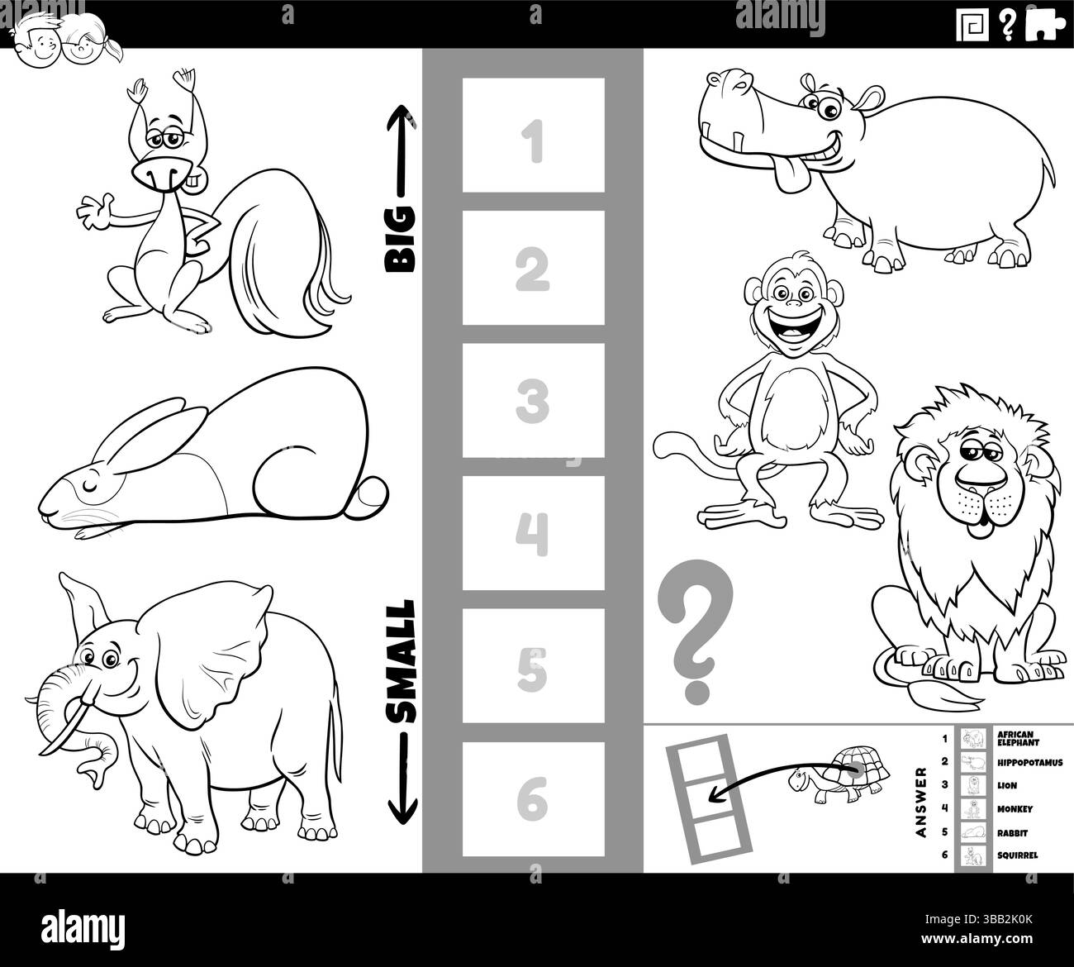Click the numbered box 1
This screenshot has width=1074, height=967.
[x=533, y=136]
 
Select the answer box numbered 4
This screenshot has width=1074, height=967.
[x=533, y=534]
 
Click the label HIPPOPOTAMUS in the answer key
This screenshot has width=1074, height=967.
[x=1029, y=762]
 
